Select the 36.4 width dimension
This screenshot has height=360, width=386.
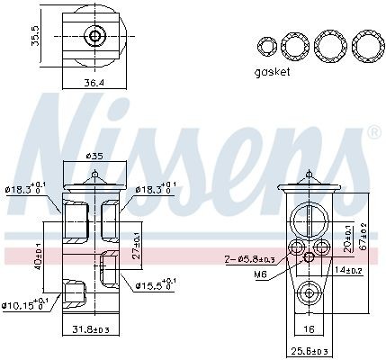pyautogui.click(x=94, y=83)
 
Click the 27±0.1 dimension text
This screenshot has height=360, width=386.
pyautogui.click(x=137, y=244)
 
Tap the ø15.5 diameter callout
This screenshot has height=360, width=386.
pyautogui.click(x=152, y=285)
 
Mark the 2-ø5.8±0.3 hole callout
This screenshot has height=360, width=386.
pyautogui.click(x=251, y=259)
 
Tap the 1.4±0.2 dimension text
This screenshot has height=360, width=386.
pyautogui.click(x=348, y=270)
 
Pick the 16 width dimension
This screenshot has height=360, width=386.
pyautogui.click(x=309, y=329)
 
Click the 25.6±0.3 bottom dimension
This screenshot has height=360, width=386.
pyautogui.click(x=308, y=350)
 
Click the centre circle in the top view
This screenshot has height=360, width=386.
pyautogui.click(x=94, y=37)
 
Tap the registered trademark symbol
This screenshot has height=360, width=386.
pyautogui.click(x=373, y=133)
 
